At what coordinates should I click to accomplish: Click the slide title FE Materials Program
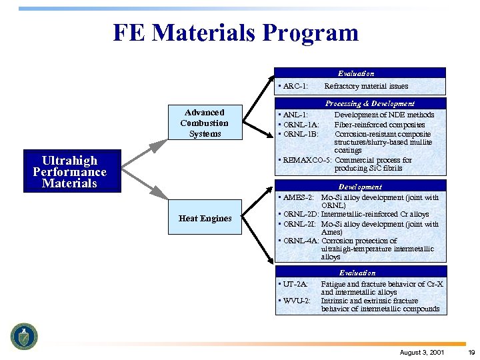235,33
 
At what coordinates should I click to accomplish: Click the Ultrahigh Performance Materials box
70,172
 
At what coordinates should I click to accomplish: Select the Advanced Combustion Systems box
204,123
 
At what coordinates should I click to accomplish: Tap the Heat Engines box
205,219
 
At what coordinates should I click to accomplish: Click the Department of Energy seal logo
24,336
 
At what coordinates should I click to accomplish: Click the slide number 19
471,352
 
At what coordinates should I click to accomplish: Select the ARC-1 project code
295,86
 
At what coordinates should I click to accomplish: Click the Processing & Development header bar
361,103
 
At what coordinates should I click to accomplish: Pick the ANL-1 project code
295,115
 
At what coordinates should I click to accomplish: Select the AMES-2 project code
300,197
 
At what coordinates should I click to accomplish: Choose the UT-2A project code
295,284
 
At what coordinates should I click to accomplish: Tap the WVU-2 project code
297,301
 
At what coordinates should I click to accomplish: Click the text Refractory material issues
366,86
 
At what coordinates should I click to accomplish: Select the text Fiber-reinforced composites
379,125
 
